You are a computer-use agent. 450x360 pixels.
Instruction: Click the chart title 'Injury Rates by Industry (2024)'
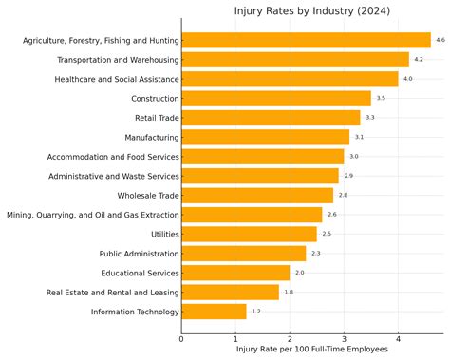[311, 11]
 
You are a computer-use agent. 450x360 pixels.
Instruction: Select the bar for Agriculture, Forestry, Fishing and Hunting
[306, 40]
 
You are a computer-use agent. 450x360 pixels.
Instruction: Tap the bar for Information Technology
[214, 312]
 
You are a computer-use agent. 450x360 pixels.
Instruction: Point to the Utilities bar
[249, 234]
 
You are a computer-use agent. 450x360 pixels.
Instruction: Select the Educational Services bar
[235, 273]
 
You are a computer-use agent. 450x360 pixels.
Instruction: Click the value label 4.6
[440, 40]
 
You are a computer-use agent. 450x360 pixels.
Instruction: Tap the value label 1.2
[255, 312]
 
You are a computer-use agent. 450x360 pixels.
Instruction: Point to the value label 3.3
[369, 118]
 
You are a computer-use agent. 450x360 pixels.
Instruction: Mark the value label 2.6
[331, 215]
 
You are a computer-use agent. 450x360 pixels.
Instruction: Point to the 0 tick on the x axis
[181, 338]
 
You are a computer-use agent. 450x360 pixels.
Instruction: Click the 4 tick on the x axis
[398, 338]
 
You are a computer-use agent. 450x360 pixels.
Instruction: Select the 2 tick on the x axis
[290, 338]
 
